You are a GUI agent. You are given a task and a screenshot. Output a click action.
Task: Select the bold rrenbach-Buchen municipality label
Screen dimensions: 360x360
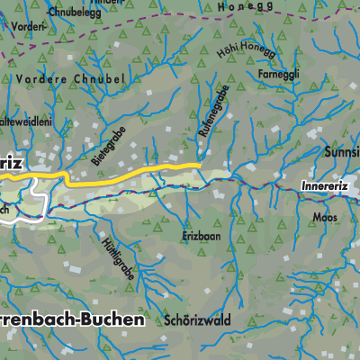71,320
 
